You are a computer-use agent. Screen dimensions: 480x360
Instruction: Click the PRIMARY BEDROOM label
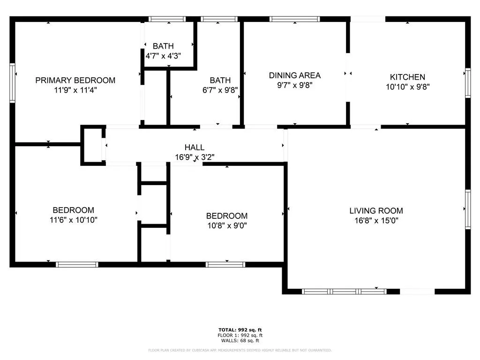coord(75,80)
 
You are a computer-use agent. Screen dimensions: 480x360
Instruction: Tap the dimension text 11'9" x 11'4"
coord(75,90)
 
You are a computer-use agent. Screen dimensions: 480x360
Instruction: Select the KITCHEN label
coord(407,77)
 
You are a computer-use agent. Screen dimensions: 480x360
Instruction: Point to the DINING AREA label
coord(295,75)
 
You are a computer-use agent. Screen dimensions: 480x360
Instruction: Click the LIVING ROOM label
coord(376,210)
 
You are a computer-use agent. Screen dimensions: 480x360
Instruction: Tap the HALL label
coord(195,147)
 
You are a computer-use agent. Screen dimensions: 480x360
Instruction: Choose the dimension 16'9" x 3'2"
coord(195,157)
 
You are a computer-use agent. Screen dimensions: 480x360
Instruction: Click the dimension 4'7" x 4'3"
coord(163,56)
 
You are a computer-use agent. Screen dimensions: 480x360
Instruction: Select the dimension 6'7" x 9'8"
coord(220,90)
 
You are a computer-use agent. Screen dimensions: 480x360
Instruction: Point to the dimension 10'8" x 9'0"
coord(227,225)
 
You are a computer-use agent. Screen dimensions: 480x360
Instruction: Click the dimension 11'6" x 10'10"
coord(74,220)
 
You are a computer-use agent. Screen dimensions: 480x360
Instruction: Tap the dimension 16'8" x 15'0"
coord(376,220)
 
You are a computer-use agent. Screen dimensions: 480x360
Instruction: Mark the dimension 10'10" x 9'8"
coord(407,87)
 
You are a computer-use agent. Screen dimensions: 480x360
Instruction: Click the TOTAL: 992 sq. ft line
coord(240,330)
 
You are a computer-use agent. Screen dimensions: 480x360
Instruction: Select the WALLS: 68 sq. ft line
coord(240,340)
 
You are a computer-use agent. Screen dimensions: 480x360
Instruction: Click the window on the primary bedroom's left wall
coord(12,83)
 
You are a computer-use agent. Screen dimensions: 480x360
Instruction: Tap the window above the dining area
coord(294,19)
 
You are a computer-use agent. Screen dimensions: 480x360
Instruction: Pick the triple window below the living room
coord(345,292)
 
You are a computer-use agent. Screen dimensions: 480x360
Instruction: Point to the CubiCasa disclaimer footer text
coord(240,350)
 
